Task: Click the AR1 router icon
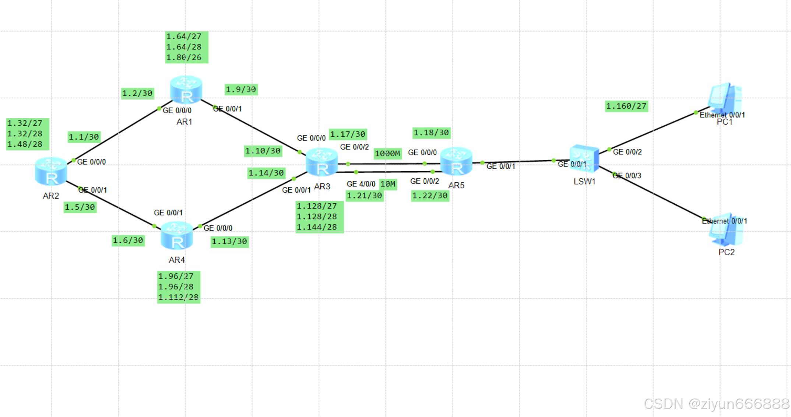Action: click(x=186, y=90)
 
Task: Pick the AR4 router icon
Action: click(x=177, y=236)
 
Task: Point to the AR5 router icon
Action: click(x=456, y=161)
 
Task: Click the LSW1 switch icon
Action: click(x=584, y=158)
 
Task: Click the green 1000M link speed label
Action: click(x=387, y=153)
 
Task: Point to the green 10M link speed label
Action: click(x=388, y=184)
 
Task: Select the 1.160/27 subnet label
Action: click(x=626, y=106)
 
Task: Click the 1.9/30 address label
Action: click(x=241, y=89)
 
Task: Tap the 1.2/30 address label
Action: click(x=137, y=93)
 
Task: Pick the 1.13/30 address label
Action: click(x=229, y=241)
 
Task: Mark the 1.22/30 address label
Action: click(x=430, y=195)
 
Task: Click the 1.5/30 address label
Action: click(x=80, y=207)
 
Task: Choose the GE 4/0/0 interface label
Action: click(x=361, y=184)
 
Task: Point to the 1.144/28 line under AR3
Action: click(x=317, y=227)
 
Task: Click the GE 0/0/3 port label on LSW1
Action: click(x=627, y=176)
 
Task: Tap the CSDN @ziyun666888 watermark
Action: click(x=716, y=404)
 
